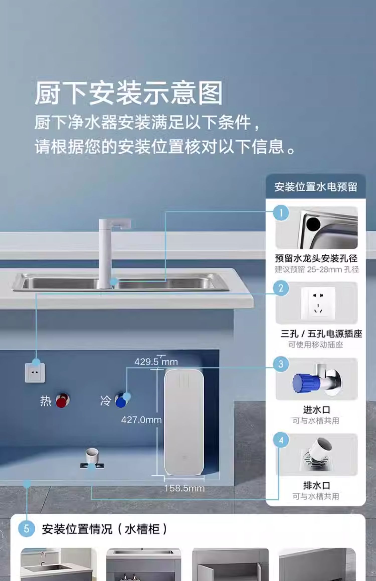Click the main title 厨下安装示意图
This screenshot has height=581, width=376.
point(128,93)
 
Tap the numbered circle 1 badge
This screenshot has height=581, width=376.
point(281,213)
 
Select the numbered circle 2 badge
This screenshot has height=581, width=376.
point(281,288)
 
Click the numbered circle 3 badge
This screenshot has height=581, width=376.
point(281,364)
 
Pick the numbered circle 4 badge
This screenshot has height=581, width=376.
point(281,440)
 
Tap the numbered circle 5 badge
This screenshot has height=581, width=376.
point(26,529)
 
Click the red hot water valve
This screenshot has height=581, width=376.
point(62,400)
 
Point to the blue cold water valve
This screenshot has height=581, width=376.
point(122,400)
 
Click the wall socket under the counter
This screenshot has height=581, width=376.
point(35,373)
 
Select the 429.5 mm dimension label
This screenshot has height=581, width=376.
point(156,362)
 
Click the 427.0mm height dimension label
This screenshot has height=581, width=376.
point(141,420)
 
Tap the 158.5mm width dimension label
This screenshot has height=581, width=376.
point(184,488)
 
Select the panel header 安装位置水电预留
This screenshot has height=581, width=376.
point(316,187)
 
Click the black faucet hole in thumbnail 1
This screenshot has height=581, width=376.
point(313,224)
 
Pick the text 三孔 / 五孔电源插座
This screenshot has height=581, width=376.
point(321,334)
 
